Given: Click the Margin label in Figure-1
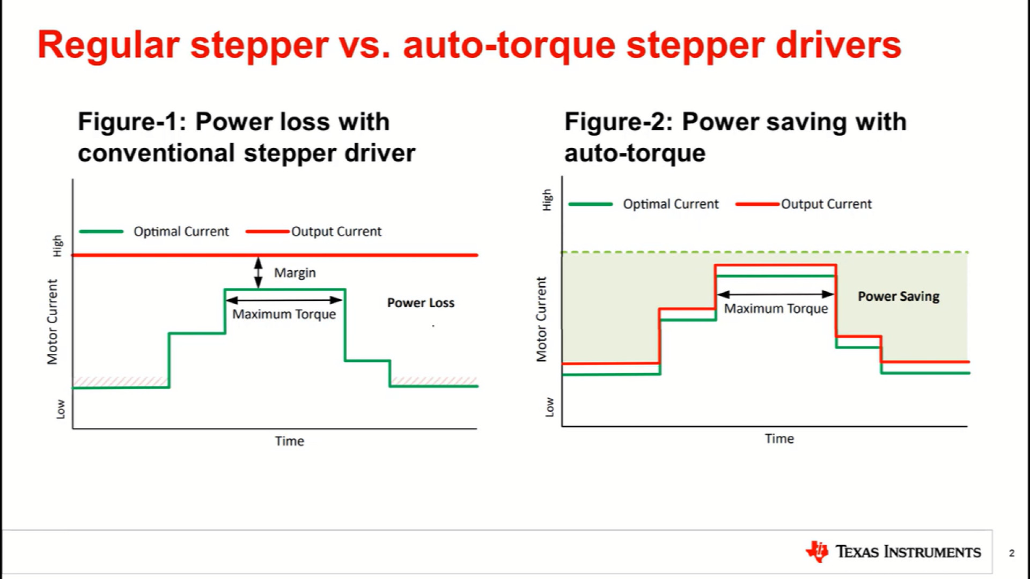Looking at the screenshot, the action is pos(295,273).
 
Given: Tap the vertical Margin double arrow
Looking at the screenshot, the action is pos(259,272).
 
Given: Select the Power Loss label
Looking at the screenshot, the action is pos(421,303).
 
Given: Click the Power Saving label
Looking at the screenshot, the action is pos(899,296).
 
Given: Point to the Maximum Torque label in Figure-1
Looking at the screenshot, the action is pos(284,314).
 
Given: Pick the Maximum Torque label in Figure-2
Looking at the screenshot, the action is pos(776,309).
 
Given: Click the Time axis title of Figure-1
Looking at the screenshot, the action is pos(290,441).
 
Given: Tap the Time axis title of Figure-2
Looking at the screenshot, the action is pos(779,439).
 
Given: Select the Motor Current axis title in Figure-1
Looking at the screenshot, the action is pos(52,322).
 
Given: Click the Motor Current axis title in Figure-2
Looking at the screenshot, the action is pos(541,319).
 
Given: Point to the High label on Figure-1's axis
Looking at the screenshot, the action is pos(57,246).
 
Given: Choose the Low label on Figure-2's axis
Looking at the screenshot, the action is pos(549,407).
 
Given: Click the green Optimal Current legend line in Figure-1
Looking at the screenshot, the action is pos(101,232).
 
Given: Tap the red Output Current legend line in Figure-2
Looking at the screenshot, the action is pos(757,204).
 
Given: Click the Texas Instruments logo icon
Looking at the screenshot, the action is pos(817,551).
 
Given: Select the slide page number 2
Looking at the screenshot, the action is pos(1012,553).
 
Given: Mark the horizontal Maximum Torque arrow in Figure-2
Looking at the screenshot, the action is pos(776,294).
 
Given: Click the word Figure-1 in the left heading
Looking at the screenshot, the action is pos(128,122).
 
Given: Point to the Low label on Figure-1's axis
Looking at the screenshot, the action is pos(61,409).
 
